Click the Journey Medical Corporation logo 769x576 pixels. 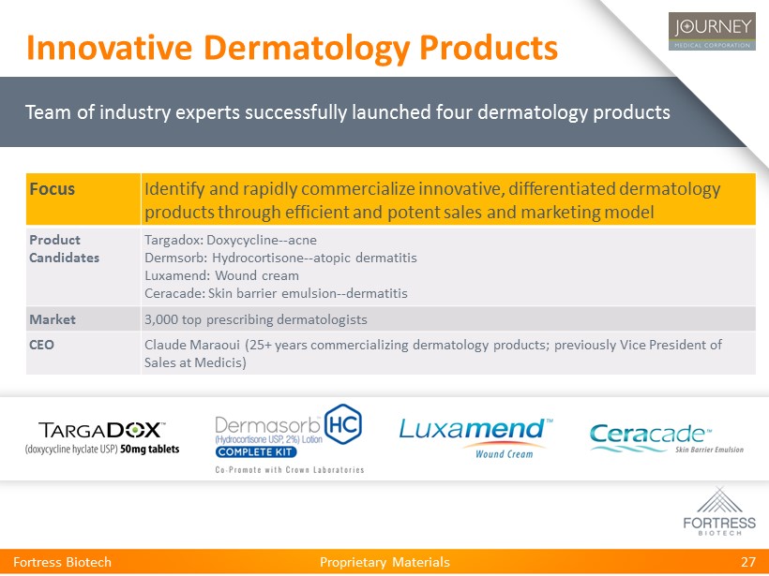tap(712, 31)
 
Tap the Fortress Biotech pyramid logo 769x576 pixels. tap(719, 510)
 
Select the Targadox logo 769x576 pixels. tap(102, 437)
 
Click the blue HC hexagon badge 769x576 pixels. tap(343, 424)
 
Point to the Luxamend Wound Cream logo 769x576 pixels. tap(476, 438)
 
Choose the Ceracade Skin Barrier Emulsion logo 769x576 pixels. tap(667, 438)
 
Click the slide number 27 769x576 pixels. tap(748, 562)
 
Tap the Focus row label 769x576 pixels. tap(52, 189)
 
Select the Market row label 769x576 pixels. tap(53, 319)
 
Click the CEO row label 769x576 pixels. tap(41, 345)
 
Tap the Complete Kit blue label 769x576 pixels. tap(255, 451)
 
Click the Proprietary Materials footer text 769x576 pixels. tap(384, 562)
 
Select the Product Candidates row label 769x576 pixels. tap(65, 249)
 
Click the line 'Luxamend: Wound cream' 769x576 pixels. tap(221, 275)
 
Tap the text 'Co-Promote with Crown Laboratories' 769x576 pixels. tap(290, 470)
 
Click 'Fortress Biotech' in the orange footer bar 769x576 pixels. tap(62, 562)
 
